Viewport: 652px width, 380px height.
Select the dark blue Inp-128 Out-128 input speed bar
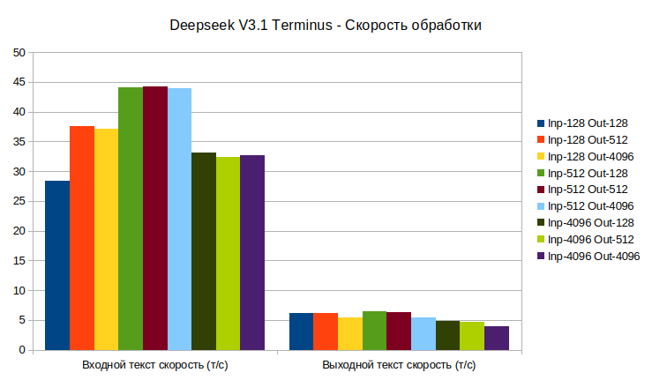tap(57, 265)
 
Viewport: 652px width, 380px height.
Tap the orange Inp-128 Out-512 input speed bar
tap(82, 238)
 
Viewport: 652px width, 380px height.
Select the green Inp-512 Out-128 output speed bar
tap(374, 331)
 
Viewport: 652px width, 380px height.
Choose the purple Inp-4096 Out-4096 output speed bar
tap(496, 338)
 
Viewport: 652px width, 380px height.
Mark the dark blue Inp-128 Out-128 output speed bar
tap(301, 332)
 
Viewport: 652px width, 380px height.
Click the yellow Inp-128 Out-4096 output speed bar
tap(350, 333)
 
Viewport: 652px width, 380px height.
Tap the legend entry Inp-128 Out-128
tap(588, 123)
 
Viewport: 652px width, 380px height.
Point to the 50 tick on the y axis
tap(19, 52)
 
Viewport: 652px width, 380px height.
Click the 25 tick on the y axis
tap(19, 201)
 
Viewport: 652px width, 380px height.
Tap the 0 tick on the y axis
tap(22, 350)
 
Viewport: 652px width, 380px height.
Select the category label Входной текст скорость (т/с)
tap(155, 364)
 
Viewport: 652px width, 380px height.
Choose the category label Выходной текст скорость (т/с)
tap(399, 364)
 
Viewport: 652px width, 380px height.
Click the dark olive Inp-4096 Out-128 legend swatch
tap(541, 222)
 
